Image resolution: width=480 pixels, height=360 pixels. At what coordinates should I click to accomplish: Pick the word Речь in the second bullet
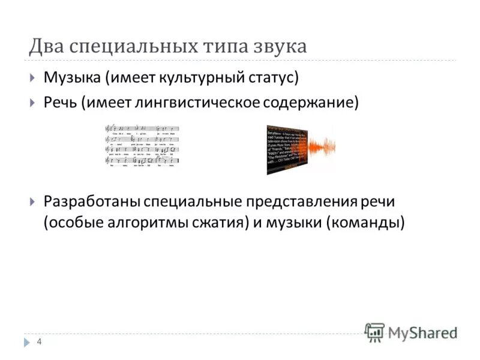tap(61, 103)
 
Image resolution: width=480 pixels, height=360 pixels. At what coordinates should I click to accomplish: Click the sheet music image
tap(142, 146)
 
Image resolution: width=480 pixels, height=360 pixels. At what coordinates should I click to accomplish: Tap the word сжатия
tap(215, 223)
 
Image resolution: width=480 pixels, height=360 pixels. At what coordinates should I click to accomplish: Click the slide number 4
tap(39, 342)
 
